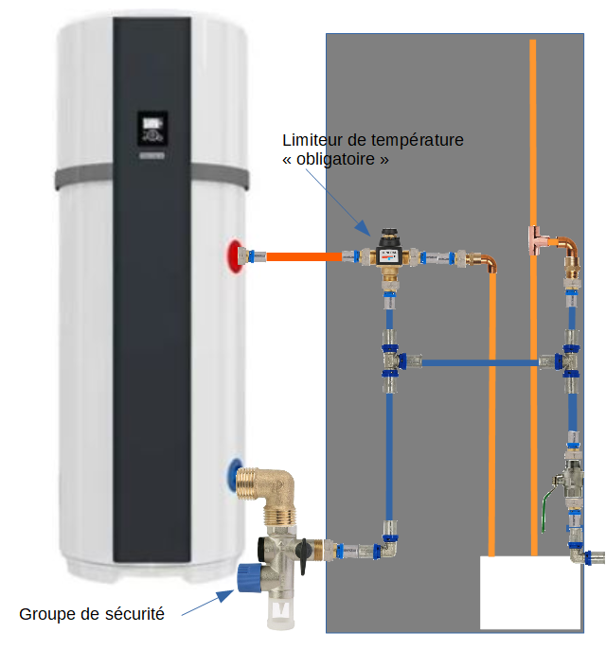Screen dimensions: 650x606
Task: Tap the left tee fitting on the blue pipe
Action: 390,360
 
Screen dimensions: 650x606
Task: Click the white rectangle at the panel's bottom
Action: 529,592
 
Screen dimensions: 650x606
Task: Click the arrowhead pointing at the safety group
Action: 228,595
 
